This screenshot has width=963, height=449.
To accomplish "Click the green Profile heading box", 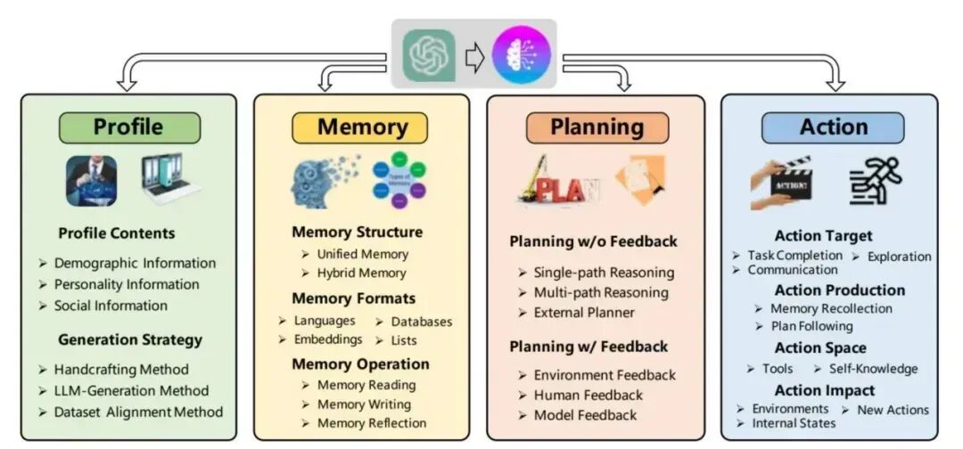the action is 129,127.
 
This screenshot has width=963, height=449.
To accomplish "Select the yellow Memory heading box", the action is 361,127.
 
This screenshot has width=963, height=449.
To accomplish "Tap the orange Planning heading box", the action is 597,127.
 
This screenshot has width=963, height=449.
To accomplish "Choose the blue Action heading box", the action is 833,127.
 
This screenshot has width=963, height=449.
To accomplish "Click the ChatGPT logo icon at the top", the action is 429,56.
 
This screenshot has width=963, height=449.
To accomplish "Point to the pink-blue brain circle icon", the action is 522,54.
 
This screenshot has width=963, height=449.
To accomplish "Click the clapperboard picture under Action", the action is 781,182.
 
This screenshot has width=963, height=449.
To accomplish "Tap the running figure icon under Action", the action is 876,181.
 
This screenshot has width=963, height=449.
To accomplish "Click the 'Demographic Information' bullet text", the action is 136,264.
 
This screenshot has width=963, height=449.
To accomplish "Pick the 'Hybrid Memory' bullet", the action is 362,273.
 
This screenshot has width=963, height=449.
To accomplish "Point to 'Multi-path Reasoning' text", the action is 601,292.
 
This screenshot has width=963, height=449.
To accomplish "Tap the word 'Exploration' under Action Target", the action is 899,257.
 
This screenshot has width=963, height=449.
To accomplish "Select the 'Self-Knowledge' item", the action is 873,369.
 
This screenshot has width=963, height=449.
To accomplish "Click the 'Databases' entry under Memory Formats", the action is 421,322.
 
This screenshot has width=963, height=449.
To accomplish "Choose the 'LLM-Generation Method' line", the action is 131,391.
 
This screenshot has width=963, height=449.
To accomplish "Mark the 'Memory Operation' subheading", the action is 360,364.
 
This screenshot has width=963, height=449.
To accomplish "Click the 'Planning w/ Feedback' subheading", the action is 588,347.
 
